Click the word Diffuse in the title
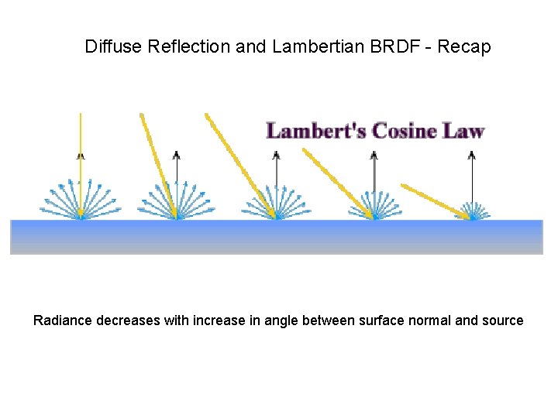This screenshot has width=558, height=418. coord(113,47)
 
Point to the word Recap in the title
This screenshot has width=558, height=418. coord(464,47)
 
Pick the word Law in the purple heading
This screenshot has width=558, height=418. coord(463,130)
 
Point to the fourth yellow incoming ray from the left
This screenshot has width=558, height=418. coord(338,183)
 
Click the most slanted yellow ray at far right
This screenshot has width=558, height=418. coord(434,200)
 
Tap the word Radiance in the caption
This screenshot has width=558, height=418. coord(63,320)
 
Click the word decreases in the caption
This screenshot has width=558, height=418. coord(129,320)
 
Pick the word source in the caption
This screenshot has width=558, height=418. coord(503,321)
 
